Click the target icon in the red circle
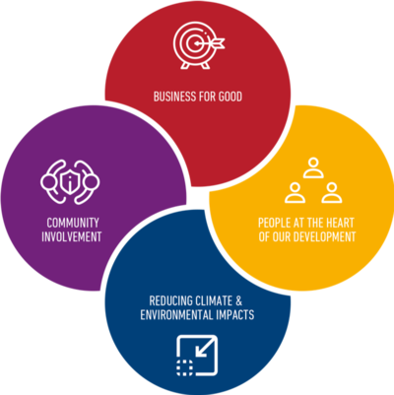199,46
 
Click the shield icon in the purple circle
70,181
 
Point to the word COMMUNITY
73,223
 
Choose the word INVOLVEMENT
72,236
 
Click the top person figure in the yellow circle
313,167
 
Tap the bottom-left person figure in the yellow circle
295,193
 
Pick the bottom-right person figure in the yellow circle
332,193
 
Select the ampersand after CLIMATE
239,300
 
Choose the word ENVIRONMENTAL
176,314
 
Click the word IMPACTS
235,314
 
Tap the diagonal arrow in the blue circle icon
203,349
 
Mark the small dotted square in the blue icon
185,367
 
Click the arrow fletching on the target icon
219,42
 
